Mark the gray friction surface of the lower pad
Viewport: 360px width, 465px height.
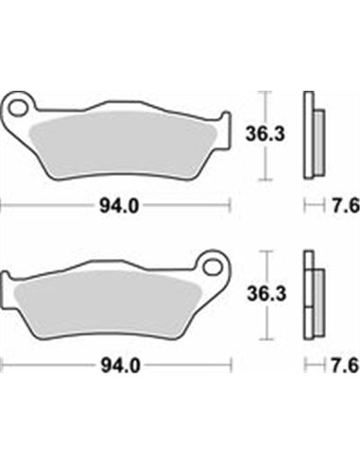tap(113, 293)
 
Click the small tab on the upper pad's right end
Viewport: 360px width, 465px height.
tap(225, 123)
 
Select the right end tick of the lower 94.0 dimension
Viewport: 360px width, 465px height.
tap(231, 364)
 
